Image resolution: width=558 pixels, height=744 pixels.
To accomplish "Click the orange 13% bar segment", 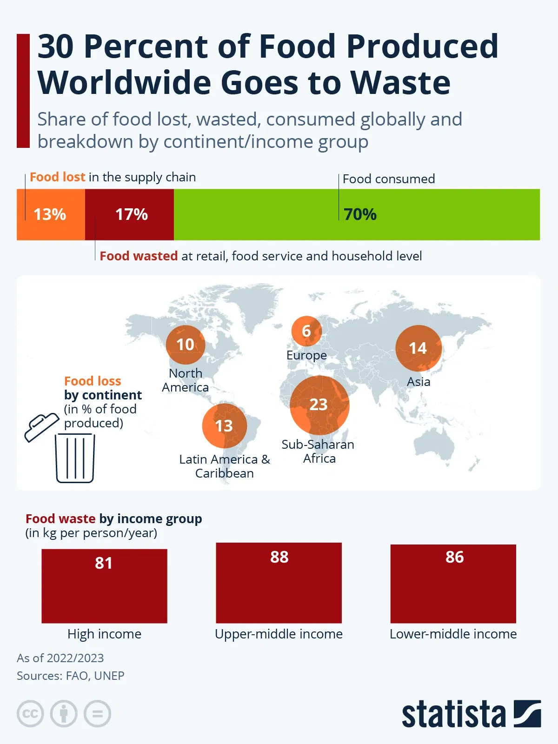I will pyautogui.click(x=50, y=214).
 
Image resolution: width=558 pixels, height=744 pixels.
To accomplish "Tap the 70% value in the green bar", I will pyautogui.click(x=360, y=214).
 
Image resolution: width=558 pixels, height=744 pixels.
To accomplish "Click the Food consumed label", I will pyautogui.click(x=389, y=179).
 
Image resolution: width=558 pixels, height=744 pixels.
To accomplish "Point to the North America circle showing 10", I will pyautogui.click(x=186, y=345).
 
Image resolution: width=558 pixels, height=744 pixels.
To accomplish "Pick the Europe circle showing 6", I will pyautogui.click(x=306, y=331).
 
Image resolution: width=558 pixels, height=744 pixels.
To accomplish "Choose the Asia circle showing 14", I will pyautogui.click(x=418, y=348).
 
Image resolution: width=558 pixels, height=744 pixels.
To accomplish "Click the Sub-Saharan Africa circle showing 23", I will pyautogui.click(x=319, y=405).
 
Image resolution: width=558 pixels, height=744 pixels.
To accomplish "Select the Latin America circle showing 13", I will pyautogui.click(x=224, y=425).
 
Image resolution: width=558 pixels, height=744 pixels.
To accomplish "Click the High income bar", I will pyautogui.click(x=104, y=586).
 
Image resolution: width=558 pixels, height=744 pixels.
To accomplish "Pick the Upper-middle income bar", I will pyautogui.click(x=279, y=583).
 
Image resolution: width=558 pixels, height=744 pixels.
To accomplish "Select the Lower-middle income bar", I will pyautogui.click(x=453, y=584).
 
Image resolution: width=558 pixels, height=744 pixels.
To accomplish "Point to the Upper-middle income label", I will pyautogui.click(x=279, y=634).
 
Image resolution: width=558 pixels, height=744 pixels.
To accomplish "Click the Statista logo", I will pyautogui.click(x=471, y=714).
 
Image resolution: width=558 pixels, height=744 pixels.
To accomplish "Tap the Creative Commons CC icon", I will pyautogui.click(x=30, y=714).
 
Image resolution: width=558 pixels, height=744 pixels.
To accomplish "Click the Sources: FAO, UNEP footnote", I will pyautogui.click(x=71, y=676).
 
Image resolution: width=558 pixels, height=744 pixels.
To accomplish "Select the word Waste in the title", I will pyautogui.click(x=400, y=83).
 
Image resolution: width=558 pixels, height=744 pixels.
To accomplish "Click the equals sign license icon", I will pyautogui.click(x=97, y=714).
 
